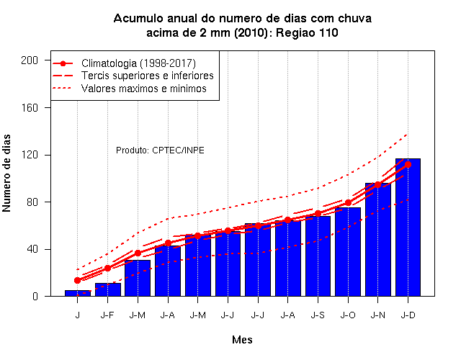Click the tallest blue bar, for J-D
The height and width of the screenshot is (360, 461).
(x=408, y=228)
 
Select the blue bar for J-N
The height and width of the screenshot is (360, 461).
(x=377, y=240)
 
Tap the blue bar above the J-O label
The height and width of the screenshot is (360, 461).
(x=348, y=252)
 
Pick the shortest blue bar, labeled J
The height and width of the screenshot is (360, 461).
(x=78, y=293)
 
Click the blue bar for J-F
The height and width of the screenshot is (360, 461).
(x=108, y=289)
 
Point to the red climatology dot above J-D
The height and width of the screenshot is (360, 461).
(x=408, y=165)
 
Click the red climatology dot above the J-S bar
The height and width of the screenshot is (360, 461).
(x=318, y=214)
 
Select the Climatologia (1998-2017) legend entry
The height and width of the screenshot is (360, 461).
(x=138, y=63)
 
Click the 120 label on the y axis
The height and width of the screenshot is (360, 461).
(x=30, y=155)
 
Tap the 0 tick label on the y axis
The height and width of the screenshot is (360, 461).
(x=35, y=296)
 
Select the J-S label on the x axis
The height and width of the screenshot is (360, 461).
(x=318, y=315)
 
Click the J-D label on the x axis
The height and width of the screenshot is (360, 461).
(x=408, y=315)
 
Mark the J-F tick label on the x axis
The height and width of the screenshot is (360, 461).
(x=107, y=315)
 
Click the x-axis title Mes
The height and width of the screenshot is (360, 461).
(x=242, y=340)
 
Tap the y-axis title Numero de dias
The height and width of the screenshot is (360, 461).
(x=6, y=174)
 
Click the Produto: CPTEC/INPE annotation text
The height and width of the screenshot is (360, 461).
(x=160, y=150)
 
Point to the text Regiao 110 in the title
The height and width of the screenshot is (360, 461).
(x=307, y=32)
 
